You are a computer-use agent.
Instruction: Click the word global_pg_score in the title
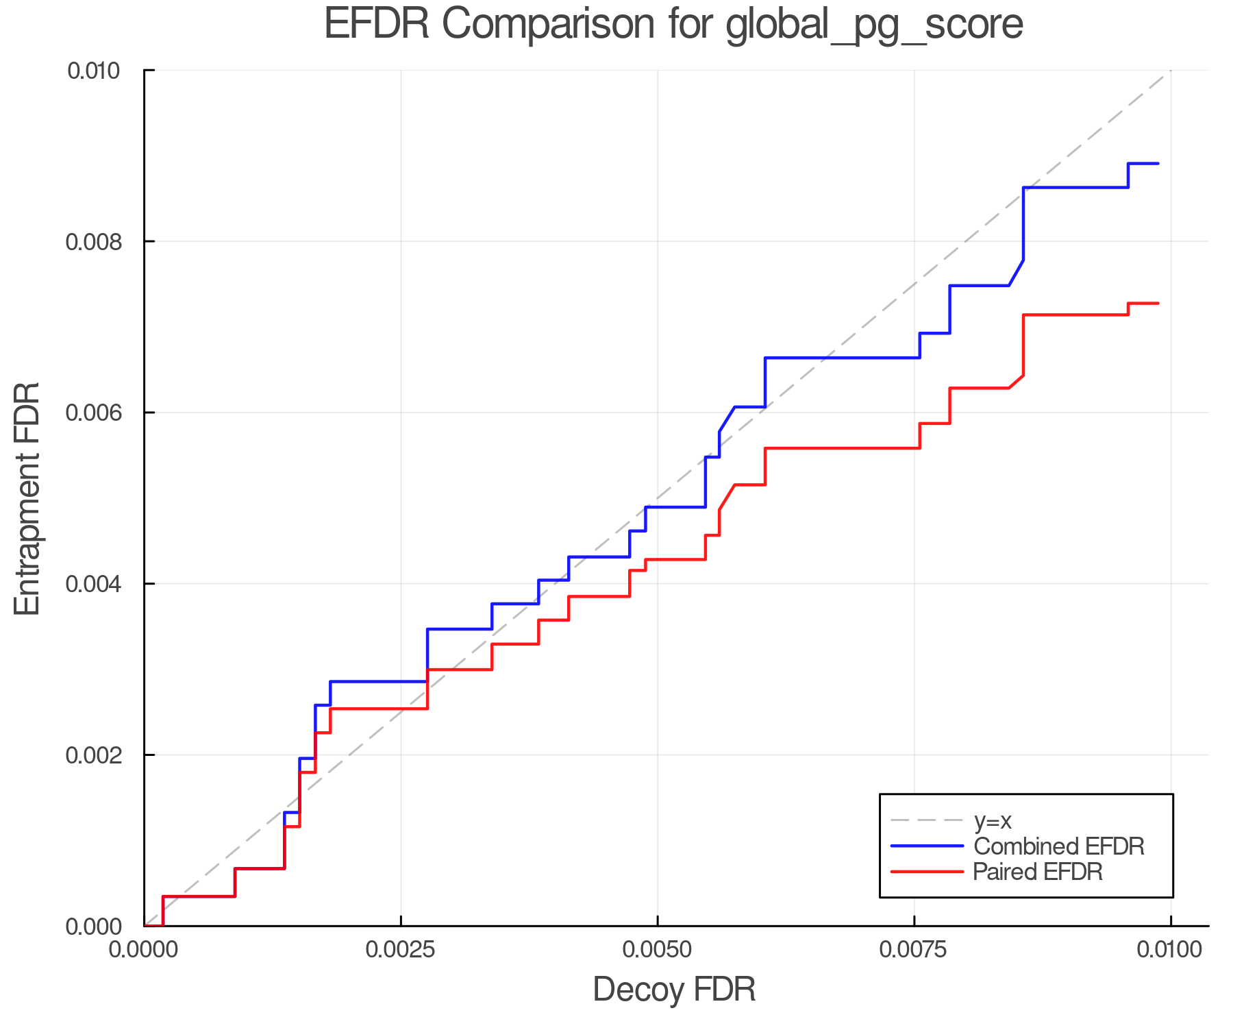[874, 25]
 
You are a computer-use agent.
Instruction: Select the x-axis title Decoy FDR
[674, 990]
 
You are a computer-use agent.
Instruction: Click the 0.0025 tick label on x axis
[401, 949]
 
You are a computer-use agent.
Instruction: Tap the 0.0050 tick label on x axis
[658, 949]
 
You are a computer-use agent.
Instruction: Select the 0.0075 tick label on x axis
[914, 949]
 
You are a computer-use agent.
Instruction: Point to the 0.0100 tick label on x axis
[1170, 949]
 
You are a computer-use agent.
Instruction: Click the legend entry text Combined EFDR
[1058, 846]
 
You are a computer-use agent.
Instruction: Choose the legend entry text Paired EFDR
[1038, 872]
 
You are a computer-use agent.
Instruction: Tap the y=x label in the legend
[993, 820]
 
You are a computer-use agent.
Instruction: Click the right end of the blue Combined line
[1158, 164]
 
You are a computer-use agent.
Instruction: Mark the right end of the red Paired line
[1158, 304]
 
